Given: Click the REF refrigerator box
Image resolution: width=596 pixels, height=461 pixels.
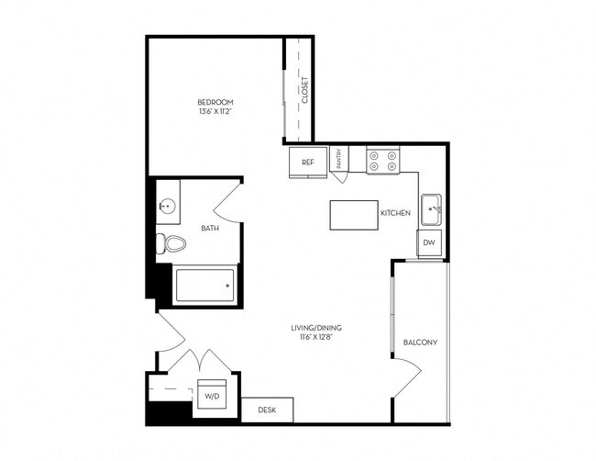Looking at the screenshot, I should [x=308, y=162].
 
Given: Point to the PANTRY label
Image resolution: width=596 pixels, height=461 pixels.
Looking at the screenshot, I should [x=337, y=161].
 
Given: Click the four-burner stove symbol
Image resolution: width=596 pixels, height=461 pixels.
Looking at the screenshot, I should [x=382, y=162].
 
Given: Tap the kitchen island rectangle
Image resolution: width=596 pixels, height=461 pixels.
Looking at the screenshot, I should [x=353, y=215].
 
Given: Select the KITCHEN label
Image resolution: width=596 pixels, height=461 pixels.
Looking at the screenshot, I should [x=396, y=213].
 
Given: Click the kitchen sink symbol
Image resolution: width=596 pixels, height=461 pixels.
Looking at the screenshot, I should [x=431, y=210].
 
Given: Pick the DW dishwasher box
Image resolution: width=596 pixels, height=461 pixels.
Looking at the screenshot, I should [x=430, y=243].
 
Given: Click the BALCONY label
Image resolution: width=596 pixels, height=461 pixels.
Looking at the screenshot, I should [x=420, y=343].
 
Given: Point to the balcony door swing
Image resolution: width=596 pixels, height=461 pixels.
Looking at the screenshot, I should [x=407, y=377].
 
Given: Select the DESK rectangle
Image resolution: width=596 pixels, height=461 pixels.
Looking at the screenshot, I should [x=267, y=410].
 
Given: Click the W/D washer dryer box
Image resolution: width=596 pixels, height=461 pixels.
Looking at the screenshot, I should [x=210, y=396].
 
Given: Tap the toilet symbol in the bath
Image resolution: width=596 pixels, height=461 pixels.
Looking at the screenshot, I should [x=171, y=243].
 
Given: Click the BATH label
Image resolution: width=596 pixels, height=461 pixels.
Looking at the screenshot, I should [x=210, y=228].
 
